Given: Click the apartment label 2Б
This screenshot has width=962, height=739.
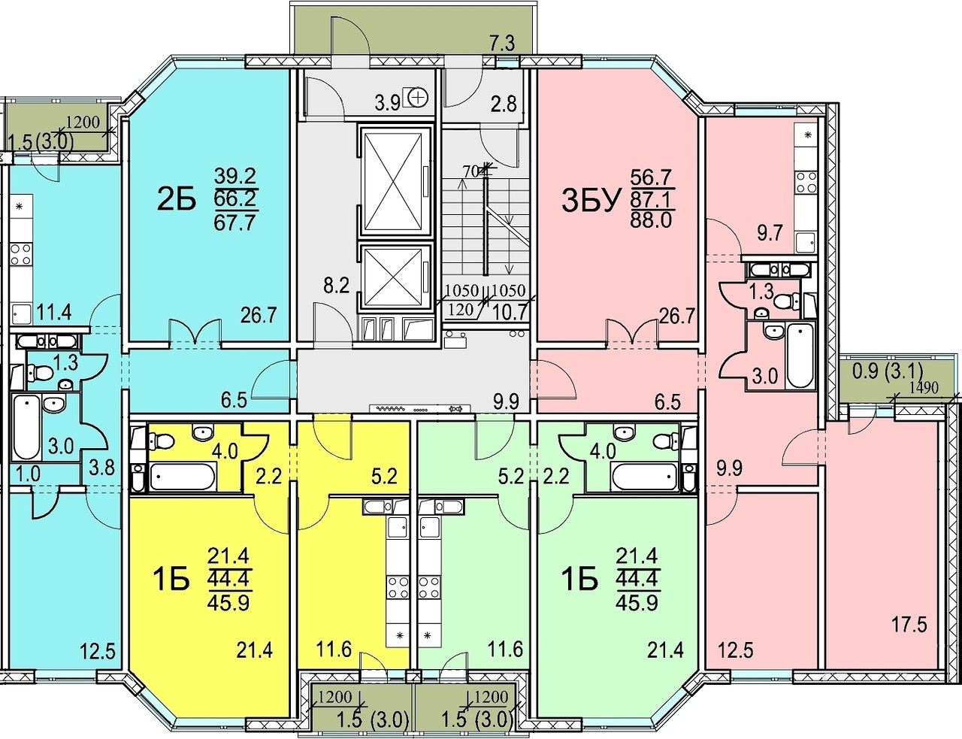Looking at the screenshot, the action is point(176,200).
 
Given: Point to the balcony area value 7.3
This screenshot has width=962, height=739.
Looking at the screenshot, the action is point(503,45).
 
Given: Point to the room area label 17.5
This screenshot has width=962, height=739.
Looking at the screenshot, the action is point(909,625).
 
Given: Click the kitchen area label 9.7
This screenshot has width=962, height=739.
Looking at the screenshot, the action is point(770,232).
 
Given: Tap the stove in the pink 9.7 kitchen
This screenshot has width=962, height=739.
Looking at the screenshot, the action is point(806,182).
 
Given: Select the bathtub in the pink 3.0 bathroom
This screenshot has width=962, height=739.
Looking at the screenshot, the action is point(800,355).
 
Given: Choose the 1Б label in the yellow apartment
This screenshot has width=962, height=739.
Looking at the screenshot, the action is point(171,580).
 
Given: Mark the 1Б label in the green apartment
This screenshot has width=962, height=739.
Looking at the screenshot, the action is point(579,580).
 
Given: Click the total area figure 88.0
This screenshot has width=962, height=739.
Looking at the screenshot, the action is point(651,220).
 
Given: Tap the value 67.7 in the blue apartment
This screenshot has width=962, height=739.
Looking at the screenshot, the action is point(235,222).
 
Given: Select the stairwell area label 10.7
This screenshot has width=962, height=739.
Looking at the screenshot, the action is point(513,313).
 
